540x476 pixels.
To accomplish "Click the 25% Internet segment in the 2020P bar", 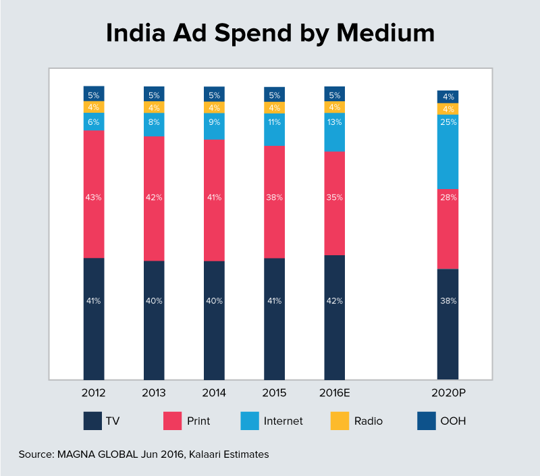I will pos(448,151).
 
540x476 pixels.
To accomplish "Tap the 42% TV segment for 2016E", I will pos(335,317).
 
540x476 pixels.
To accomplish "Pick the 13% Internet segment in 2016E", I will pos(335,132).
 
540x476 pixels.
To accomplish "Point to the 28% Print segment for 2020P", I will pos(448,228).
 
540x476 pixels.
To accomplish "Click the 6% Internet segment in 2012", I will pos(94,122).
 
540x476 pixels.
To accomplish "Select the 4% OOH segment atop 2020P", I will pos(448,97).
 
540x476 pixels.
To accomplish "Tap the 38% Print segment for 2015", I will pos(274,201).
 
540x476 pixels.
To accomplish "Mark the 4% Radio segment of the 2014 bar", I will pos(214,107).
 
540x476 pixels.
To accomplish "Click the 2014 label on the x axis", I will pos(214,392).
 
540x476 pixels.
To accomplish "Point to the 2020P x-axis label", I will pos(448,392).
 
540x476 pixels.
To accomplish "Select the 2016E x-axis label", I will pos(335,392).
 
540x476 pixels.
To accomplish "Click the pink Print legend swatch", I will pos(173,421).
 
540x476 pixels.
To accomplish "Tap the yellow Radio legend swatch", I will pos(340,421).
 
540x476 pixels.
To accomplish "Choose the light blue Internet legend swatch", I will pos(250,421).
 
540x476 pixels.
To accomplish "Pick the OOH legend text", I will pos(453,421).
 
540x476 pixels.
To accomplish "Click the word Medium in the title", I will pos(386,34).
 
